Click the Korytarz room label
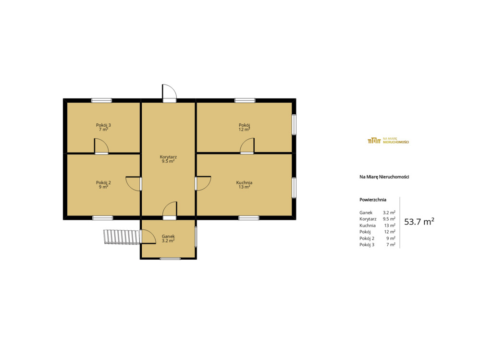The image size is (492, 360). tap(168, 157)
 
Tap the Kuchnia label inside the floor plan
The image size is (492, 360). tap(244, 182)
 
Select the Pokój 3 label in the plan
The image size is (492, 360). tap(103, 125)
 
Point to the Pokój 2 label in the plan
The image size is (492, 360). tap(103, 182)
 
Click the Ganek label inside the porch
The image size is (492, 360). tap(168, 236)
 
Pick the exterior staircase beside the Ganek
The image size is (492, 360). tap(122, 237)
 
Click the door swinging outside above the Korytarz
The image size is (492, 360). tap(170, 93)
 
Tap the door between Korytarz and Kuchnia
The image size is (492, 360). tap(203, 183)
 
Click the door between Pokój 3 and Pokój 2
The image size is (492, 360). tap(101, 146)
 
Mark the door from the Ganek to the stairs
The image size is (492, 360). tap(148, 237)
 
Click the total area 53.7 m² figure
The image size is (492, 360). tap(419, 222)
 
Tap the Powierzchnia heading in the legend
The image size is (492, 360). tap(373, 200)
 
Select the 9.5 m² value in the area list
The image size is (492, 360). tap(389, 219)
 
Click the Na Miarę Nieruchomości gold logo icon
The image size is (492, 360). tap(374, 141)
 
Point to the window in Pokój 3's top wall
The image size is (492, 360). tap(101, 101)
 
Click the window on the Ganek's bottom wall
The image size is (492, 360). tap(170, 258)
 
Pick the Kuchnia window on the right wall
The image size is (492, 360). tap(294, 188)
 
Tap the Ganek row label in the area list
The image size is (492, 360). tap(366, 213)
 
